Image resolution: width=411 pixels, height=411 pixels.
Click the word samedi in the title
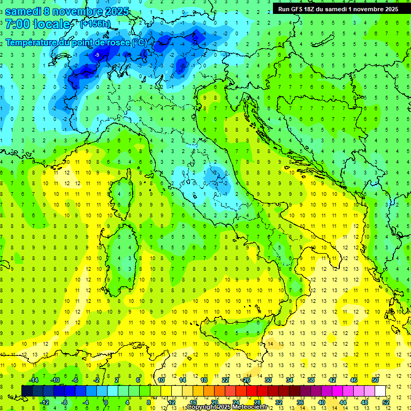tap(24, 11)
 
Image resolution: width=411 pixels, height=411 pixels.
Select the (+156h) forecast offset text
tap(96, 24)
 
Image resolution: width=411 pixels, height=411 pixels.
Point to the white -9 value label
tap(97, 55)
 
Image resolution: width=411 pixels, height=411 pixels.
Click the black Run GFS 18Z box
tap(338, 9)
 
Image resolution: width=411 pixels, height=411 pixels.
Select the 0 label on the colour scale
tap(106, 402)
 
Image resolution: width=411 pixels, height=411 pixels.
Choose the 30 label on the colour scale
tap(268, 380)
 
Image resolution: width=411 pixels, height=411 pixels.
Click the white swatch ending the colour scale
tap(380, 391)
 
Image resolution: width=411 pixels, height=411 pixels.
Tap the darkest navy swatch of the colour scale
tap(27, 391)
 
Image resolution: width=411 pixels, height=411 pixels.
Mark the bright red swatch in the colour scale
tap(252, 391)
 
